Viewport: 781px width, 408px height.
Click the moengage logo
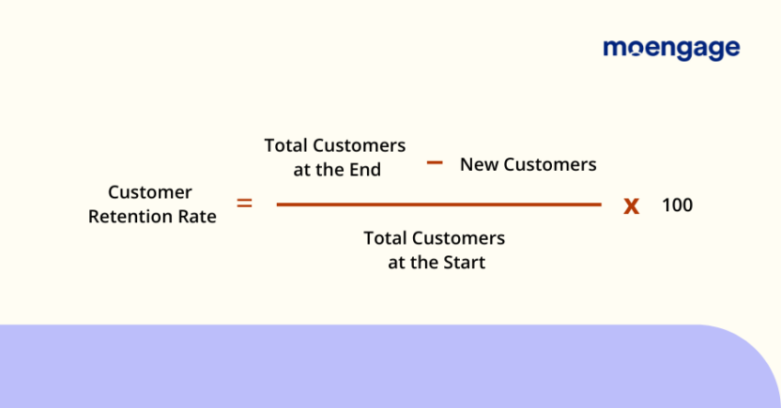click(670, 49)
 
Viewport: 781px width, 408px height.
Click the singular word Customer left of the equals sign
click(150, 192)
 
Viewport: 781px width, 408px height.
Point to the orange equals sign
click(244, 202)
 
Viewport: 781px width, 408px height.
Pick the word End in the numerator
click(367, 170)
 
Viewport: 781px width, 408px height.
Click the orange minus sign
click(434, 162)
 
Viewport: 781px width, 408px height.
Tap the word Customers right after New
click(549, 164)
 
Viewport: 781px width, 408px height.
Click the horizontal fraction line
click(437, 204)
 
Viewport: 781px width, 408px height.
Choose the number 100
click(677, 204)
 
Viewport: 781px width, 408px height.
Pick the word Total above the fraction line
click(285, 145)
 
